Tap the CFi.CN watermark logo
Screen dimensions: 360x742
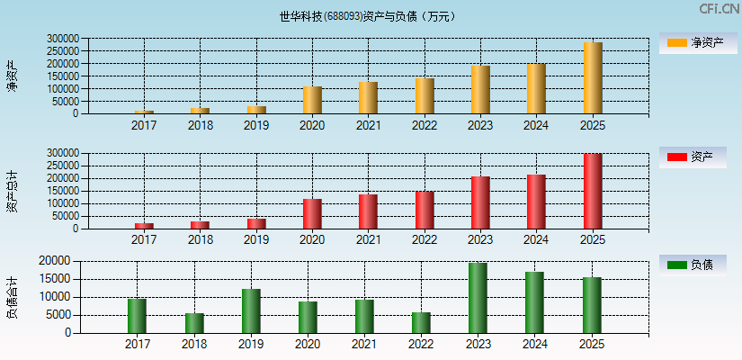[719, 9]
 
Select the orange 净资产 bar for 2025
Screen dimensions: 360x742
[593, 78]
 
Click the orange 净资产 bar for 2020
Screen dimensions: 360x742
[312, 100]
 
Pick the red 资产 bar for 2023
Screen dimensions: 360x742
[480, 202]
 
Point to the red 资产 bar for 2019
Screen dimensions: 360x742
[256, 223]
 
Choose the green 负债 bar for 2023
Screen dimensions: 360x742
[478, 298]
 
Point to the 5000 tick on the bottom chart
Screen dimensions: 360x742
[58, 315]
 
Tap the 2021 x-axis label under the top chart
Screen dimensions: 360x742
[368, 125]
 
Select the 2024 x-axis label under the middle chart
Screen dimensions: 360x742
[536, 240]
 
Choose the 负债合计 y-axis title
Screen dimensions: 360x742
[13, 299]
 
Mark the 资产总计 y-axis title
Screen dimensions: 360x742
[13, 191]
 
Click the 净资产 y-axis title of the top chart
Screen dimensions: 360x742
[13, 76]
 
